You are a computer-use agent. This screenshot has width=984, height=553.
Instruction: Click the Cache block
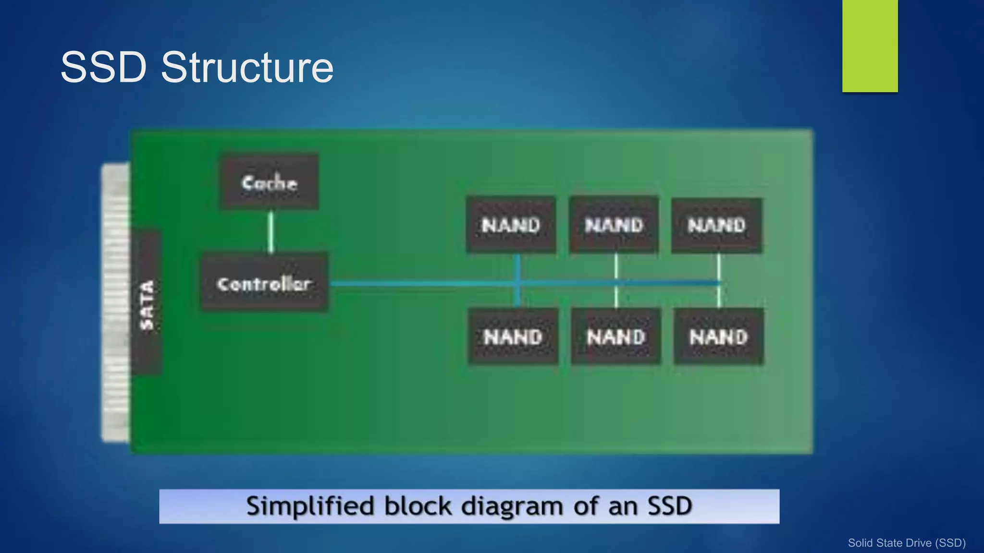[269, 181]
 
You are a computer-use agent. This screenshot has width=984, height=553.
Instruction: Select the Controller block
[264, 283]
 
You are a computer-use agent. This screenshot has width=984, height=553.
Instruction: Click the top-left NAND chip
[511, 224]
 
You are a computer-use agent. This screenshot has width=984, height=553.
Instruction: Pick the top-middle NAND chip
[614, 224]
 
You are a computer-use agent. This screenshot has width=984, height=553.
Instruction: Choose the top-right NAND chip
[716, 225]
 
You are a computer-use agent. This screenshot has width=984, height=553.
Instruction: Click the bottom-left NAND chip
[513, 337]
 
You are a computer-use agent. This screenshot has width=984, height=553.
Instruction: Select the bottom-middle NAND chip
[616, 337]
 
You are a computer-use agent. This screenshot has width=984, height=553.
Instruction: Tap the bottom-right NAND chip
[719, 337]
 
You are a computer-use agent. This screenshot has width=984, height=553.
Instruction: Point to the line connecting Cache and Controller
[271, 232]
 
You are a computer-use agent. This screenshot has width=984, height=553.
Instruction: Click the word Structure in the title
[247, 67]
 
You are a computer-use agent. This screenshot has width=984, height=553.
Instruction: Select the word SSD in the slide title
[103, 67]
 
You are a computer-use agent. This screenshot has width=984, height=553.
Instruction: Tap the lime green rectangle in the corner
[870, 46]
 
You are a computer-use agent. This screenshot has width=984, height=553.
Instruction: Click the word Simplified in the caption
[310, 506]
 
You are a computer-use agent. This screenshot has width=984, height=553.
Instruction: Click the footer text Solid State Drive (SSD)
[906, 543]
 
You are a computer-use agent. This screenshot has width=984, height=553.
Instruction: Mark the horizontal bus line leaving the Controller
[423, 284]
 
